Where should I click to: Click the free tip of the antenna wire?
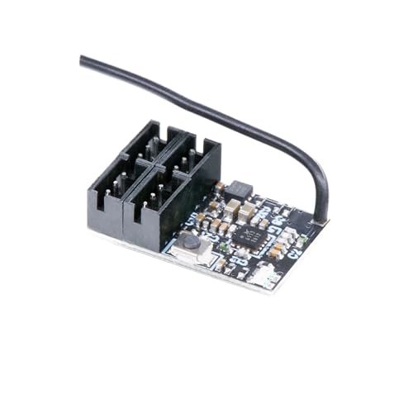pyautogui.click(x=83, y=59)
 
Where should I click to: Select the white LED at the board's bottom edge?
pyautogui.click(x=267, y=275)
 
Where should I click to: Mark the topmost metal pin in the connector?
pyautogui.click(x=154, y=140)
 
